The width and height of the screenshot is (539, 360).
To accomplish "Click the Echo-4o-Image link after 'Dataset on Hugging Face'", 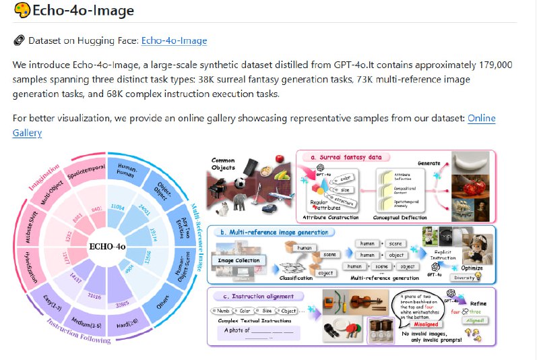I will click(x=174, y=41).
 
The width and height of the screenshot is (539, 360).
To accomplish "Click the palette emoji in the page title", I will click(x=22, y=11).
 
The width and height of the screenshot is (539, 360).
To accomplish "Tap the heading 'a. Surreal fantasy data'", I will click(x=346, y=157).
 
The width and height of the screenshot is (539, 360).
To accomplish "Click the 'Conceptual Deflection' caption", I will click(x=402, y=218).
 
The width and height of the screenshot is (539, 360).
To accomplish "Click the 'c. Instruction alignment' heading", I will click(x=266, y=296).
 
